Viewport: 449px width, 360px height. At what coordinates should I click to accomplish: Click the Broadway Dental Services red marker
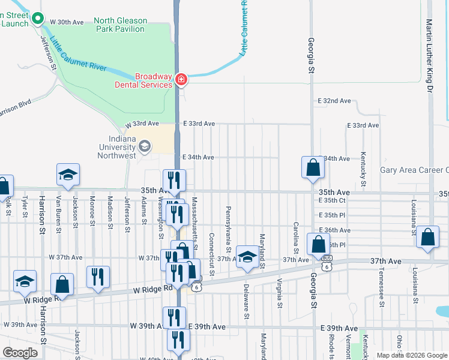click(181, 79)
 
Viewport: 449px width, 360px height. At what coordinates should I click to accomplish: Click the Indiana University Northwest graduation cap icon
click(144, 146)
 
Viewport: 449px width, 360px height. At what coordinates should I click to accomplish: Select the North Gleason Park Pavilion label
click(120, 25)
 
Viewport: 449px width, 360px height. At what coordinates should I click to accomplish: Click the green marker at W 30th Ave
click(38, 19)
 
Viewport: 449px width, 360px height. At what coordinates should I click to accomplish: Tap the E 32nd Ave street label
click(334, 101)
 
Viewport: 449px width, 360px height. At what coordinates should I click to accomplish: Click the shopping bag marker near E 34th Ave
click(313, 168)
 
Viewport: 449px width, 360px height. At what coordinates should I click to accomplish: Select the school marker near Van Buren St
click(68, 175)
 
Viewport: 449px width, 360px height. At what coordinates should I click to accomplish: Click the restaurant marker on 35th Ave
click(174, 180)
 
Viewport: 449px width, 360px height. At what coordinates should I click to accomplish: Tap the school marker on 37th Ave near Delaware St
click(247, 257)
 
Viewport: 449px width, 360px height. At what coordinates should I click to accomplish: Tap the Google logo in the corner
click(20, 353)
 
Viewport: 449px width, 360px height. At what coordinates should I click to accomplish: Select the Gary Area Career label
click(414, 170)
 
